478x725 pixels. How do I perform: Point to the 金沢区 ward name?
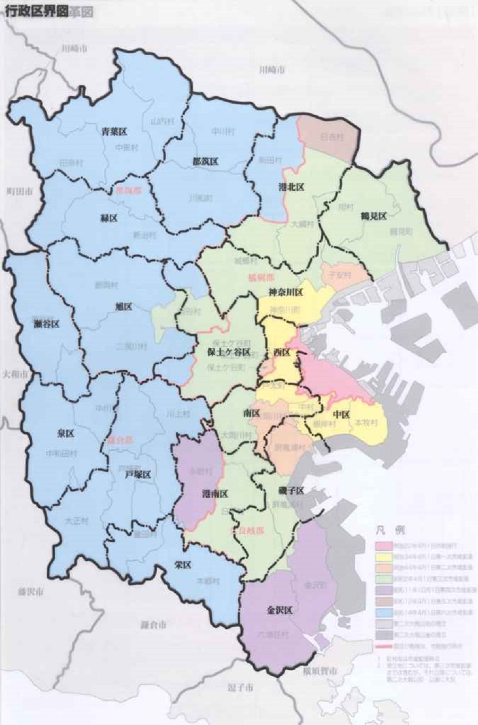coord(279,610)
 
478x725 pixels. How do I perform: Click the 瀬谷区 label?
coord(46,324)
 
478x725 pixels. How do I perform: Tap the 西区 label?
coord(281,352)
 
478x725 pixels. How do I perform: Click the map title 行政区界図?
coord(36,12)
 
